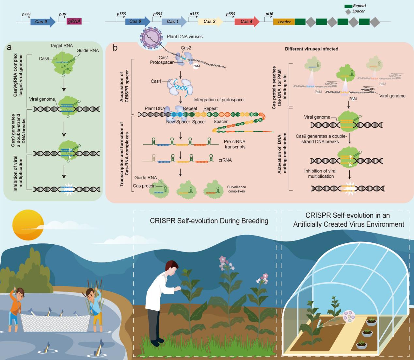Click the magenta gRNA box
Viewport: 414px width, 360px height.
[74, 21]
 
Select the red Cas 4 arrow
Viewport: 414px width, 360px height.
[247, 22]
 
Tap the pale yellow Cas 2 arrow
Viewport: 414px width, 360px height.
[210, 22]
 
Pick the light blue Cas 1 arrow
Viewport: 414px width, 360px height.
[174, 22]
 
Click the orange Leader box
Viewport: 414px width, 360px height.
[284, 22]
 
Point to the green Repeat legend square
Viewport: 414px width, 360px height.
[348, 7]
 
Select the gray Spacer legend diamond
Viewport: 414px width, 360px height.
[348, 12]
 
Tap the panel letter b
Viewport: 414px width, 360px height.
[115, 48]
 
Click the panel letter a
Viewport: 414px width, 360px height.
[9, 48]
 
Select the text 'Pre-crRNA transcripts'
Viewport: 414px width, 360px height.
[235, 144]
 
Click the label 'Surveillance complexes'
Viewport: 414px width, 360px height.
[236, 189]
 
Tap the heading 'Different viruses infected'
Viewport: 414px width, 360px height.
[311, 49]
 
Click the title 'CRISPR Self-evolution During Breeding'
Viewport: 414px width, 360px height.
[209, 221]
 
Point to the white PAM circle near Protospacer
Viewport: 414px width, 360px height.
[196, 66]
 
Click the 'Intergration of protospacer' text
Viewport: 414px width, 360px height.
[219, 100]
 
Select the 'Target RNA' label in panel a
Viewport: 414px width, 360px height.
[61, 45]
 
